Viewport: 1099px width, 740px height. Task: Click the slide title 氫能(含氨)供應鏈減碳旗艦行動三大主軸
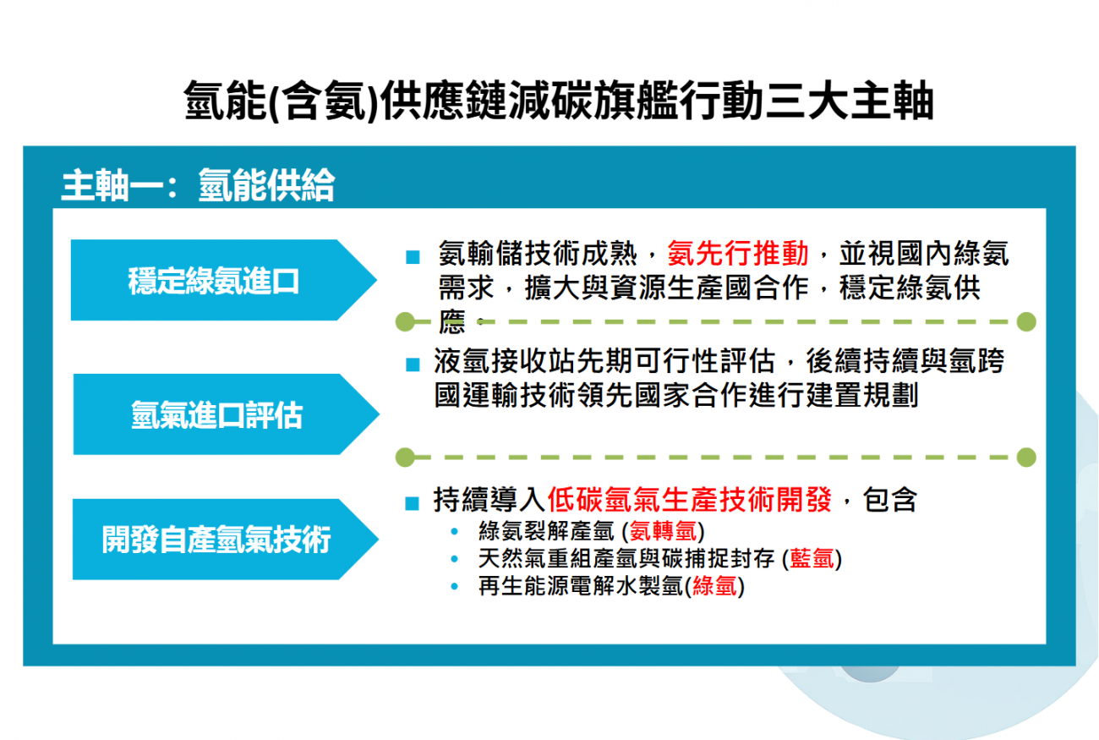coord(558,101)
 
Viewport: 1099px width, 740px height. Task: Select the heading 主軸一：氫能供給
coord(198,185)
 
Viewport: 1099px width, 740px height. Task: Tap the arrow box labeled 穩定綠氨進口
coord(224,280)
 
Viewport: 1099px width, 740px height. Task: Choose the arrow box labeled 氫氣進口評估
coord(227,414)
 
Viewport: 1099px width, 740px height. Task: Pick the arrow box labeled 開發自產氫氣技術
coord(226,540)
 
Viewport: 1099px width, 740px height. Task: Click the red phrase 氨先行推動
coord(737,253)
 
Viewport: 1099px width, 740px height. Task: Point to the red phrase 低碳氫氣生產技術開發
coord(690,500)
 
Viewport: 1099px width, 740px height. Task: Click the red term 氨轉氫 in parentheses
coord(663,531)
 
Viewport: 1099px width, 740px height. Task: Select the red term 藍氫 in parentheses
coord(812,558)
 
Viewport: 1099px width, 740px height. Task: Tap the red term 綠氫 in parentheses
coord(715,586)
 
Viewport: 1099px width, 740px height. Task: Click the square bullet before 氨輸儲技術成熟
coord(413,257)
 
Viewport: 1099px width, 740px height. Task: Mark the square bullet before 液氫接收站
coord(413,365)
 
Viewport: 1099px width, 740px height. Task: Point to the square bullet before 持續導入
coord(413,503)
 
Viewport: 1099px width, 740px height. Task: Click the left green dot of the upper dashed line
coord(405,322)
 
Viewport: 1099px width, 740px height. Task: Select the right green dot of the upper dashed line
coord(1026,322)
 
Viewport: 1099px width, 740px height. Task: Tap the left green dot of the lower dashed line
coord(405,458)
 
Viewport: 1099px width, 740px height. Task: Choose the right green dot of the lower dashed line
coord(1026,458)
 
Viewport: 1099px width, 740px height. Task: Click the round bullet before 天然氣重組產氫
coord(454,559)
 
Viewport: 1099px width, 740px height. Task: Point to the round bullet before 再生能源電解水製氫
coord(454,586)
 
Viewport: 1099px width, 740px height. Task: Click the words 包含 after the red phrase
coord(889,500)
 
